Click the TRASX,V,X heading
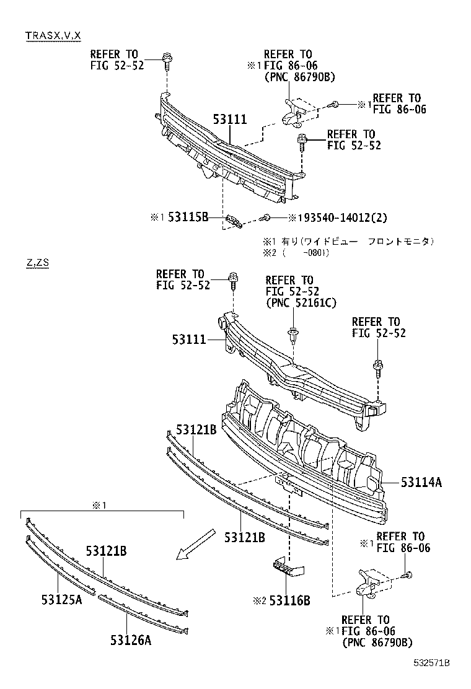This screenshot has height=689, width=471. (53, 35)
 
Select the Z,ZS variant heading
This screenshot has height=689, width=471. (37, 262)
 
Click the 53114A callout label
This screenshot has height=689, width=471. (421, 482)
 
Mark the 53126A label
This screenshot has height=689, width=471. (131, 641)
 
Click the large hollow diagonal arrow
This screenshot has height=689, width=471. (195, 544)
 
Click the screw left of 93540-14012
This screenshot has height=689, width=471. (266, 217)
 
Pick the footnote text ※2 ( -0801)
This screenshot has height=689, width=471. (295, 253)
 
